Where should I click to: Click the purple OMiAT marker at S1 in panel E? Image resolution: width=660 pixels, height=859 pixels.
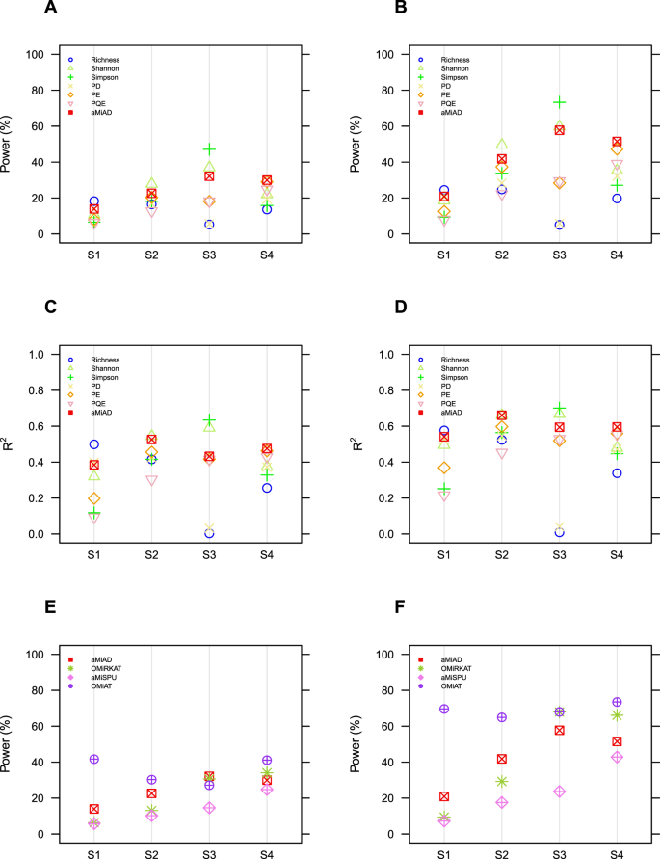pyautogui.click(x=94, y=760)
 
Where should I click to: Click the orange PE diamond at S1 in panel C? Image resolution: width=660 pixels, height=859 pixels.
pyautogui.click(x=94, y=498)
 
